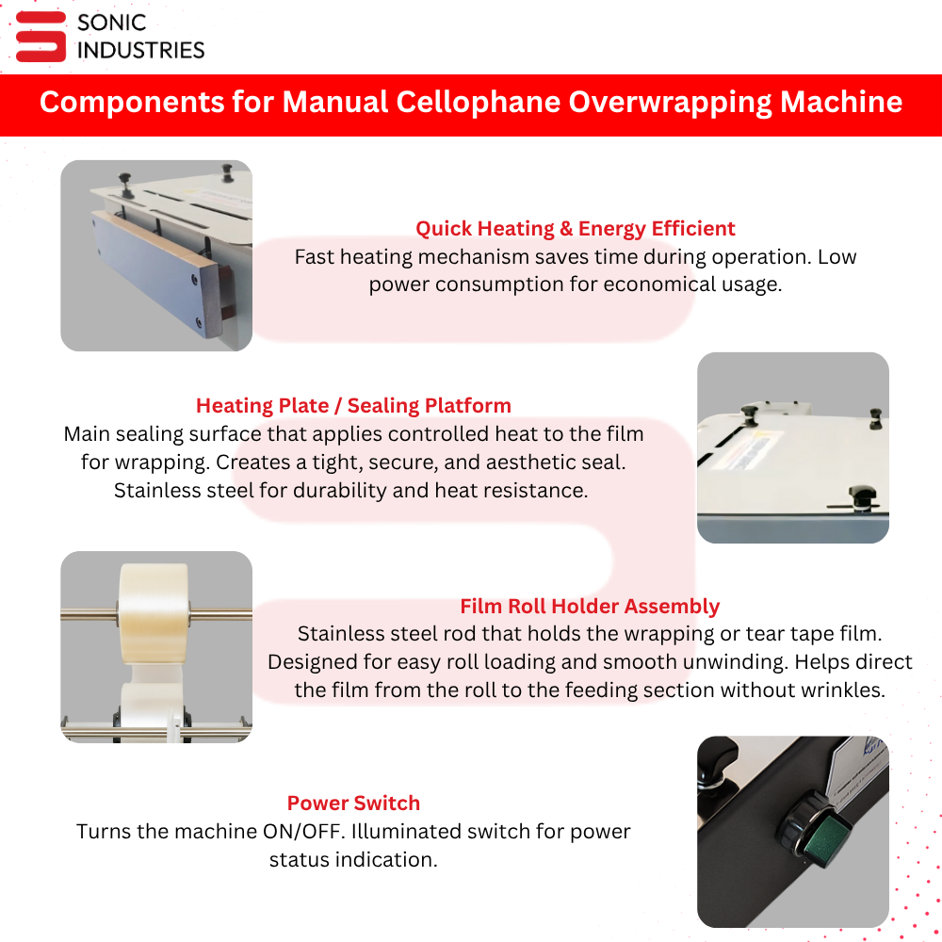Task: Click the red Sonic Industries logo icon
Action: (x=41, y=37)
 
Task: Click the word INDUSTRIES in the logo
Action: (x=140, y=51)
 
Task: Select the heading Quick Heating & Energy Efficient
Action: (x=575, y=228)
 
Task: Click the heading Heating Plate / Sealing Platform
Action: (x=353, y=405)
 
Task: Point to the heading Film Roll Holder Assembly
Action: (x=590, y=606)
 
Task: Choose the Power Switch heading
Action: (x=353, y=804)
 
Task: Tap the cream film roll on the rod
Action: (x=154, y=613)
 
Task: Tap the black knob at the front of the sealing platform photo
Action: (x=862, y=497)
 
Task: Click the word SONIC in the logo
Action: (x=112, y=23)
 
